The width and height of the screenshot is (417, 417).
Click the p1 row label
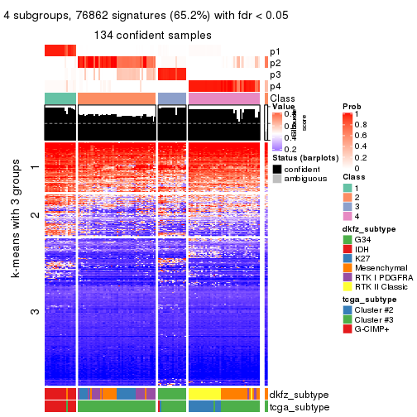click(275, 51)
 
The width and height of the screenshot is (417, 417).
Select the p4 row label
click(275, 86)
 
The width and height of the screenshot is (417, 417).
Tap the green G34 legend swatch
click(347, 240)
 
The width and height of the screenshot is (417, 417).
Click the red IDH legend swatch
click(347, 252)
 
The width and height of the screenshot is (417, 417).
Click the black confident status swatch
click(276, 168)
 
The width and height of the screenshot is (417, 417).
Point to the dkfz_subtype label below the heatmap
click(300, 395)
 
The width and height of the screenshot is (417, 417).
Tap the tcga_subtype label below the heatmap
click(300, 406)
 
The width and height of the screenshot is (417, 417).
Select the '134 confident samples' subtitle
click(153, 36)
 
